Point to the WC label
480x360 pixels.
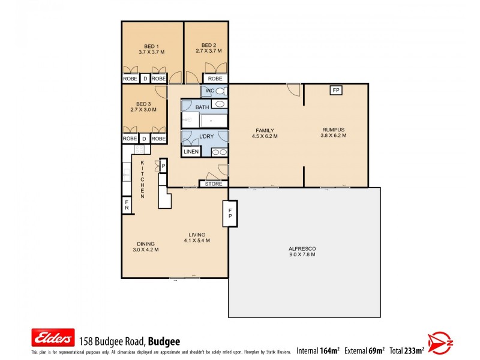pos(210,91)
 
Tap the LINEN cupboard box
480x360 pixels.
pos(191,152)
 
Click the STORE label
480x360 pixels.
pos(213,184)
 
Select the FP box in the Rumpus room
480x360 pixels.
pos(336,91)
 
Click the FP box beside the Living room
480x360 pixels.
pos(230,213)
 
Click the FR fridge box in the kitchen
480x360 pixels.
pos(127,205)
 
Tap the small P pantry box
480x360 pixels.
pos(163,167)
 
